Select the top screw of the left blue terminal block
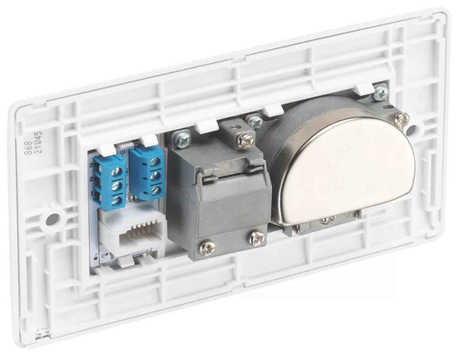(118, 171)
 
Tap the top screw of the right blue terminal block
(155, 161)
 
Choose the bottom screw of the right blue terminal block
(155, 189)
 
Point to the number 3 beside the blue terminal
(92, 165)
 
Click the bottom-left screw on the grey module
(207, 247)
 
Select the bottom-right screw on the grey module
(256, 237)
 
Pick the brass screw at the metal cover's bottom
(327, 220)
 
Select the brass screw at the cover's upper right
(401, 120)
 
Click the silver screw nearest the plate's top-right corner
(381, 93)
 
